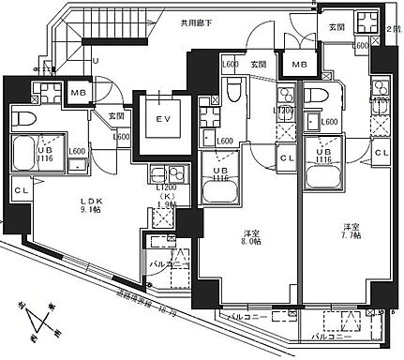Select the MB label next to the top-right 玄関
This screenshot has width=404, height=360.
tap(300, 65)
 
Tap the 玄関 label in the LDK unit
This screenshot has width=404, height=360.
tap(116, 116)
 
